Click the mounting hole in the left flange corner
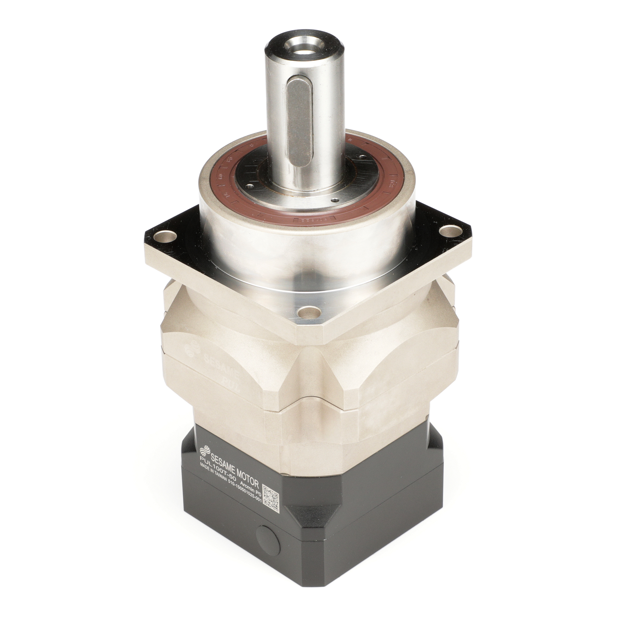pos(166,238)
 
